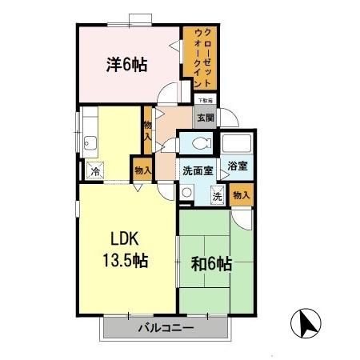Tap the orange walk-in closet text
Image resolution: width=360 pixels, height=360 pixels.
pyautogui.click(x=202, y=56)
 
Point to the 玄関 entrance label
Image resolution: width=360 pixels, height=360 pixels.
pyautogui.click(x=206, y=118)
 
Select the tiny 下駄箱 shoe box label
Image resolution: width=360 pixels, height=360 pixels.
pyautogui.click(x=206, y=100)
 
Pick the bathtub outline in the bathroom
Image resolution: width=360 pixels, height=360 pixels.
pyautogui.click(x=237, y=146)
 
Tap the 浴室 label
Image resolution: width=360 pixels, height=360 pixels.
pyautogui.click(x=237, y=167)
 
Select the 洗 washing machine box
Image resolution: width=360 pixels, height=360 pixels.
pyautogui.click(x=217, y=194)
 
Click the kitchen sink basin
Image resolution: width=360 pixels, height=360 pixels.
pyautogui.click(x=90, y=145)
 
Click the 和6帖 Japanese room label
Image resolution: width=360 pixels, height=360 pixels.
pyautogui.click(x=212, y=262)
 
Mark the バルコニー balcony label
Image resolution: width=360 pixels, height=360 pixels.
pyautogui.click(x=166, y=327)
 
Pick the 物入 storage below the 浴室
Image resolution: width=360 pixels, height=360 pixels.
pyautogui.click(x=242, y=194)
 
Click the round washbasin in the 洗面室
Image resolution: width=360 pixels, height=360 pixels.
pyautogui.click(x=186, y=192)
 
